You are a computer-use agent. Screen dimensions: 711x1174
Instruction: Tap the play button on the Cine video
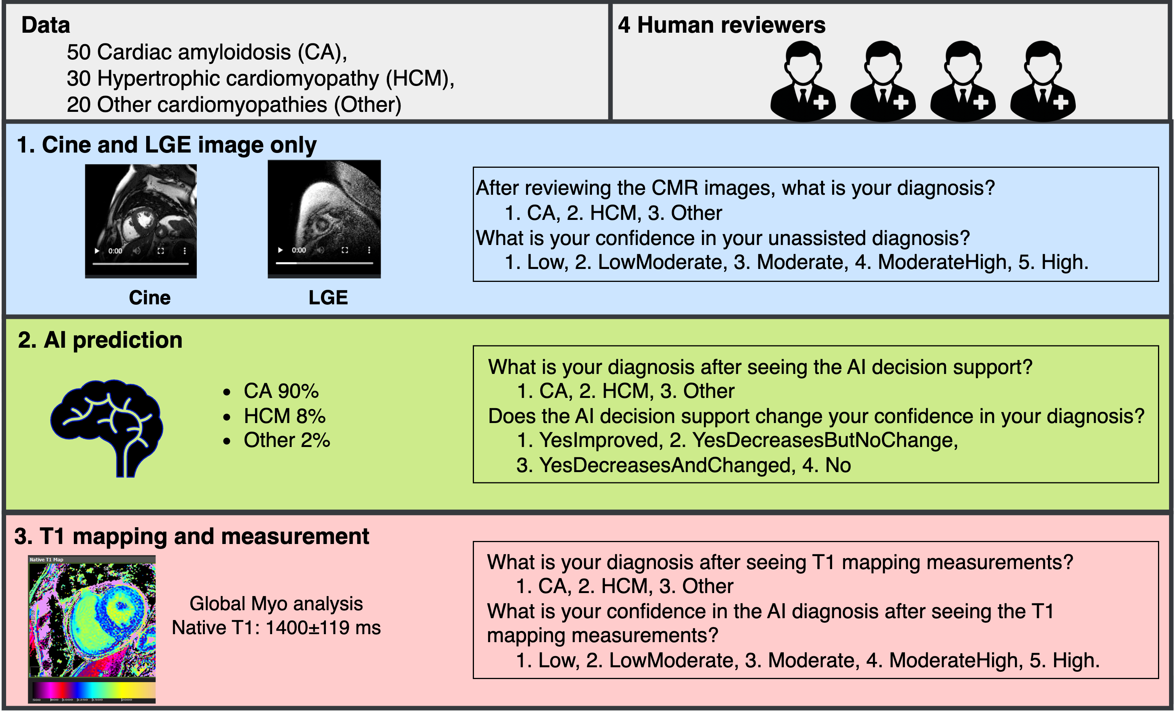(x=97, y=251)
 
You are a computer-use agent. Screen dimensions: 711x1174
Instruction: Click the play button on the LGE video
(x=281, y=250)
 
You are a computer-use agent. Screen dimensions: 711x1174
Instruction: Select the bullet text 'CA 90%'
(x=281, y=391)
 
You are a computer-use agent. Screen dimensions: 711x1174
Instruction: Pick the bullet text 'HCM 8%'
(x=284, y=416)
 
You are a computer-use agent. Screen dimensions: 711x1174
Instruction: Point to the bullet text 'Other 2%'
(x=286, y=440)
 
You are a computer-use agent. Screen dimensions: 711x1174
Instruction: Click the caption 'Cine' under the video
(x=150, y=297)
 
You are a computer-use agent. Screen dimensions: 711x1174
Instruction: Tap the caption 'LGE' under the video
(x=328, y=297)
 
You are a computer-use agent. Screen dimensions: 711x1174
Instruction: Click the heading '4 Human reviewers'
(x=721, y=25)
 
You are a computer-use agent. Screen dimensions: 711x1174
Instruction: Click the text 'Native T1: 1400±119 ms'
(x=276, y=628)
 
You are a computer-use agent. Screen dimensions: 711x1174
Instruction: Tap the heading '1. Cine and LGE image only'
(x=166, y=145)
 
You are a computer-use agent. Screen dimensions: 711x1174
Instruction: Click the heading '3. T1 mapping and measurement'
(x=191, y=536)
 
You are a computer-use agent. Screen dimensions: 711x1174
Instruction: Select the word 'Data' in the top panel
(x=46, y=25)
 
